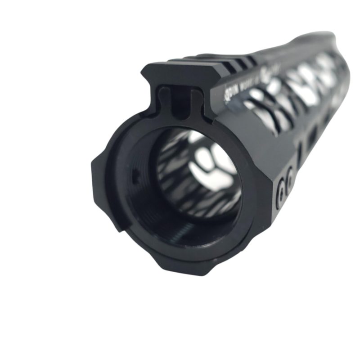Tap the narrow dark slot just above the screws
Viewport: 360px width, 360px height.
(x=299, y=151)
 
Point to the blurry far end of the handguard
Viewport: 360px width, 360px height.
(x=328, y=49)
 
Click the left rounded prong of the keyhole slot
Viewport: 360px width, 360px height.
(x=165, y=97)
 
